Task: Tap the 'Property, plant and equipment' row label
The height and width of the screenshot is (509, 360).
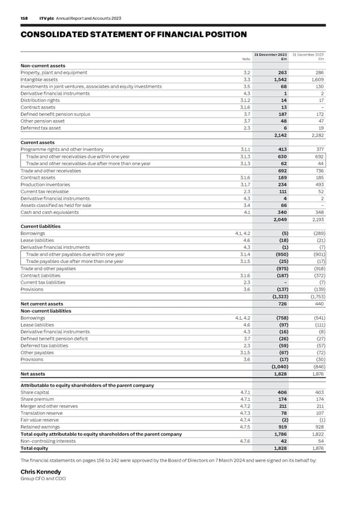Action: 54,72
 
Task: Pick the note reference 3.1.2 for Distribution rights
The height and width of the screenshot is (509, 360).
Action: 245,101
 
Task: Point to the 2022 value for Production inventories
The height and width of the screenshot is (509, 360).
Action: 317,185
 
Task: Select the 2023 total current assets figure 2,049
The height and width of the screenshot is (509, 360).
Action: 277,220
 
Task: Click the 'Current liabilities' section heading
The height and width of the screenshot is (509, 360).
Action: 40,226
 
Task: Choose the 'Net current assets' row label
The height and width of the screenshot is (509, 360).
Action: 42,304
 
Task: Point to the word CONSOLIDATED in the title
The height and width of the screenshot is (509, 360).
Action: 53,35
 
